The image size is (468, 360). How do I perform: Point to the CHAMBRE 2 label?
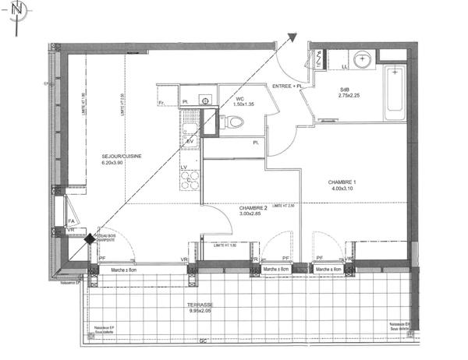[x=253, y=208]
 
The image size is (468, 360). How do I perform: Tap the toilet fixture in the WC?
[x=235, y=122]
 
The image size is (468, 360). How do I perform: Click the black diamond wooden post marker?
[x=90, y=240]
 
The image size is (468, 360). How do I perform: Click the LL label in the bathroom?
[x=346, y=67]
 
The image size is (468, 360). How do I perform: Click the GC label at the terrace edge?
[x=204, y=342]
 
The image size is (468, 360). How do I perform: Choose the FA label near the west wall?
[x=71, y=221]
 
